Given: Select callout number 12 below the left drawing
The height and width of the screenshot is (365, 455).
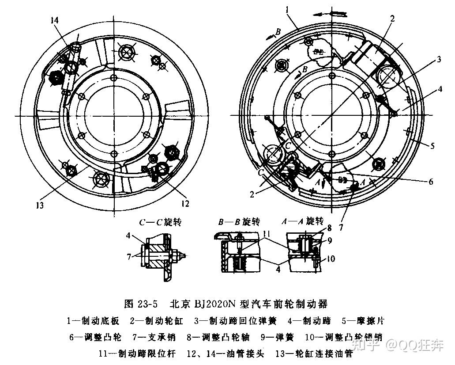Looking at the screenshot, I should tap(184, 204).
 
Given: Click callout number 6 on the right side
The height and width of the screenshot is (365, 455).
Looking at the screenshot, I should tap(431, 181).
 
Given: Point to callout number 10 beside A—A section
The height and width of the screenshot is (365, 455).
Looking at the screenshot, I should tap(331, 259).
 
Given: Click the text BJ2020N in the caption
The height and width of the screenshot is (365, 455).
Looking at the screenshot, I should tap(214, 304).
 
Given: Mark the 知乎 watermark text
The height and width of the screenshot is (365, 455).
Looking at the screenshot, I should tap(367, 345).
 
